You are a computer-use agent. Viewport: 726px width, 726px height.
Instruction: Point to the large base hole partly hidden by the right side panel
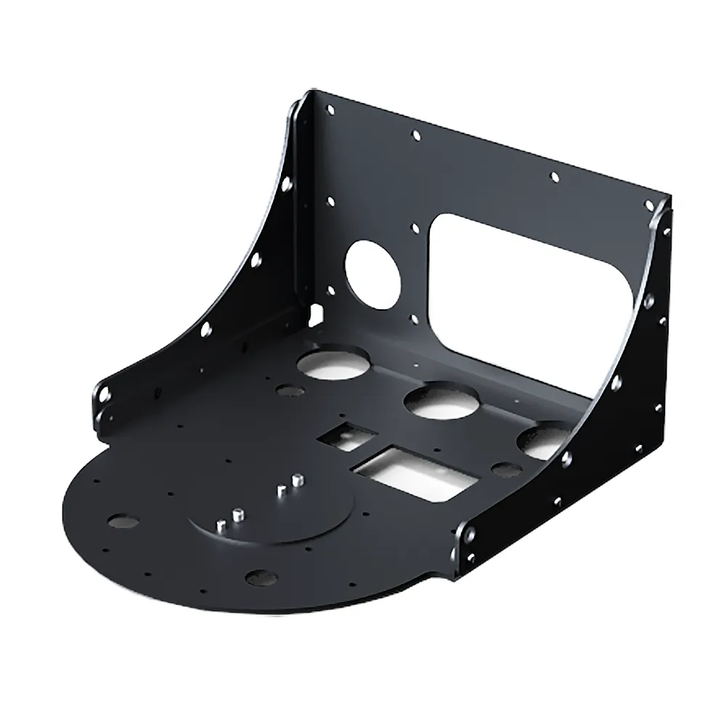543,443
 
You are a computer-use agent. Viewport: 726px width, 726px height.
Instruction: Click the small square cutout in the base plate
347,436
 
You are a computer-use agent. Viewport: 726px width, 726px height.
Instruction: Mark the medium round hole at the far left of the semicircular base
123,521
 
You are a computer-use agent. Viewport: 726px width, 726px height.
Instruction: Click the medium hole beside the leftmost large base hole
289,391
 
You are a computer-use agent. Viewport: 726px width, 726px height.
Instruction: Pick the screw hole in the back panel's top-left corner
331,110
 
